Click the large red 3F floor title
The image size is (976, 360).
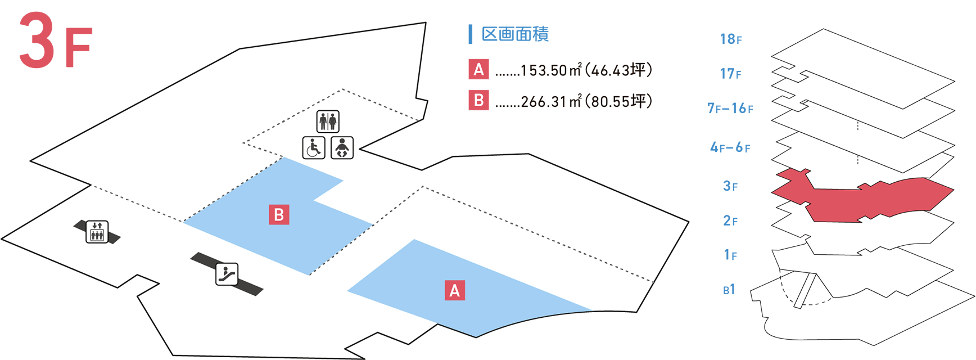pyautogui.click(x=55, y=40)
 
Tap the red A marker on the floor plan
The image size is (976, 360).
pyautogui.click(x=454, y=290)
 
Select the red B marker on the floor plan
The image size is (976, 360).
pyautogui.click(x=279, y=215)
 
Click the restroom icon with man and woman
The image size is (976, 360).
pyautogui.click(x=328, y=121)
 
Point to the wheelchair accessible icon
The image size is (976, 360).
pyautogui.click(x=314, y=148)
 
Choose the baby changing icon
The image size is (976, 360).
pyautogui.click(x=342, y=148)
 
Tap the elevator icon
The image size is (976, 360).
pyautogui.click(x=97, y=232)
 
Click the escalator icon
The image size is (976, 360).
pyautogui.click(x=227, y=274)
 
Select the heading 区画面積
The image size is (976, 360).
pyautogui.click(x=514, y=34)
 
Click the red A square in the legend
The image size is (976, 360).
pyautogui.click(x=478, y=70)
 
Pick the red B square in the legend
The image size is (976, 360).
pyautogui.click(x=478, y=101)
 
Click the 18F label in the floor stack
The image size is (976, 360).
pyautogui.click(x=731, y=39)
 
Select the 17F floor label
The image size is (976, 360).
pyautogui.click(x=731, y=74)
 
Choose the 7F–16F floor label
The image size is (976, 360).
pyautogui.click(x=730, y=108)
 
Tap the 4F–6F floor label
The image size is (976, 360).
pyautogui.click(x=730, y=147)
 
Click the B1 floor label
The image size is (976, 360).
pyautogui.click(x=729, y=290)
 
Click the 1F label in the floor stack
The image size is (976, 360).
pyautogui.click(x=730, y=255)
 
